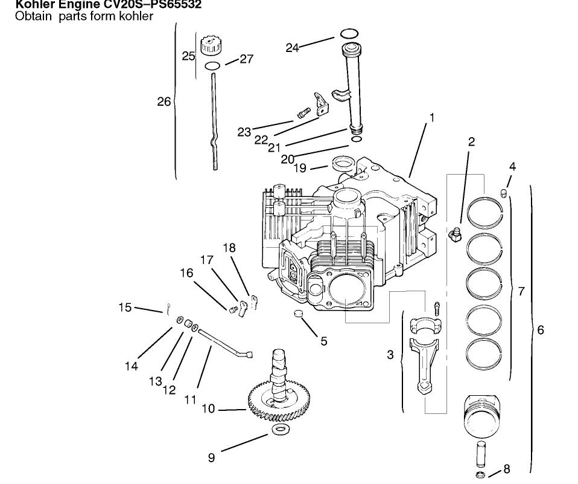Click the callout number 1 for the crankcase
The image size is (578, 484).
pyautogui.click(x=431, y=118)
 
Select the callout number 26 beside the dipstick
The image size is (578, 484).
pyautogui.click(x=164, y=102)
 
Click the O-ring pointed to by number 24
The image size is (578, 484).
pyautogui.click(x=350, y=33)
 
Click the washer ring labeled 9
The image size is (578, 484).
pyautogui.click(x=279, y=430)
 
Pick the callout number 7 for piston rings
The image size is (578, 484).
pyautogui.click(x=521, y=291)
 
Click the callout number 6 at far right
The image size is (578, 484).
pyautogui.click(x=541, y=330)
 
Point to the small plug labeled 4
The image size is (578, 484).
pyautogui.click(x=504, y=193)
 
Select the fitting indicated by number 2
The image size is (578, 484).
pyautogui.click(x=455, y=234)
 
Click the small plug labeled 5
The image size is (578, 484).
pyautogui.click(x=296, y=314)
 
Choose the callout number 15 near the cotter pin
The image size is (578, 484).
pyautogui.click(x=125, y=308)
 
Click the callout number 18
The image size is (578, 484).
pyautogui.click(x=229, y=248)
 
